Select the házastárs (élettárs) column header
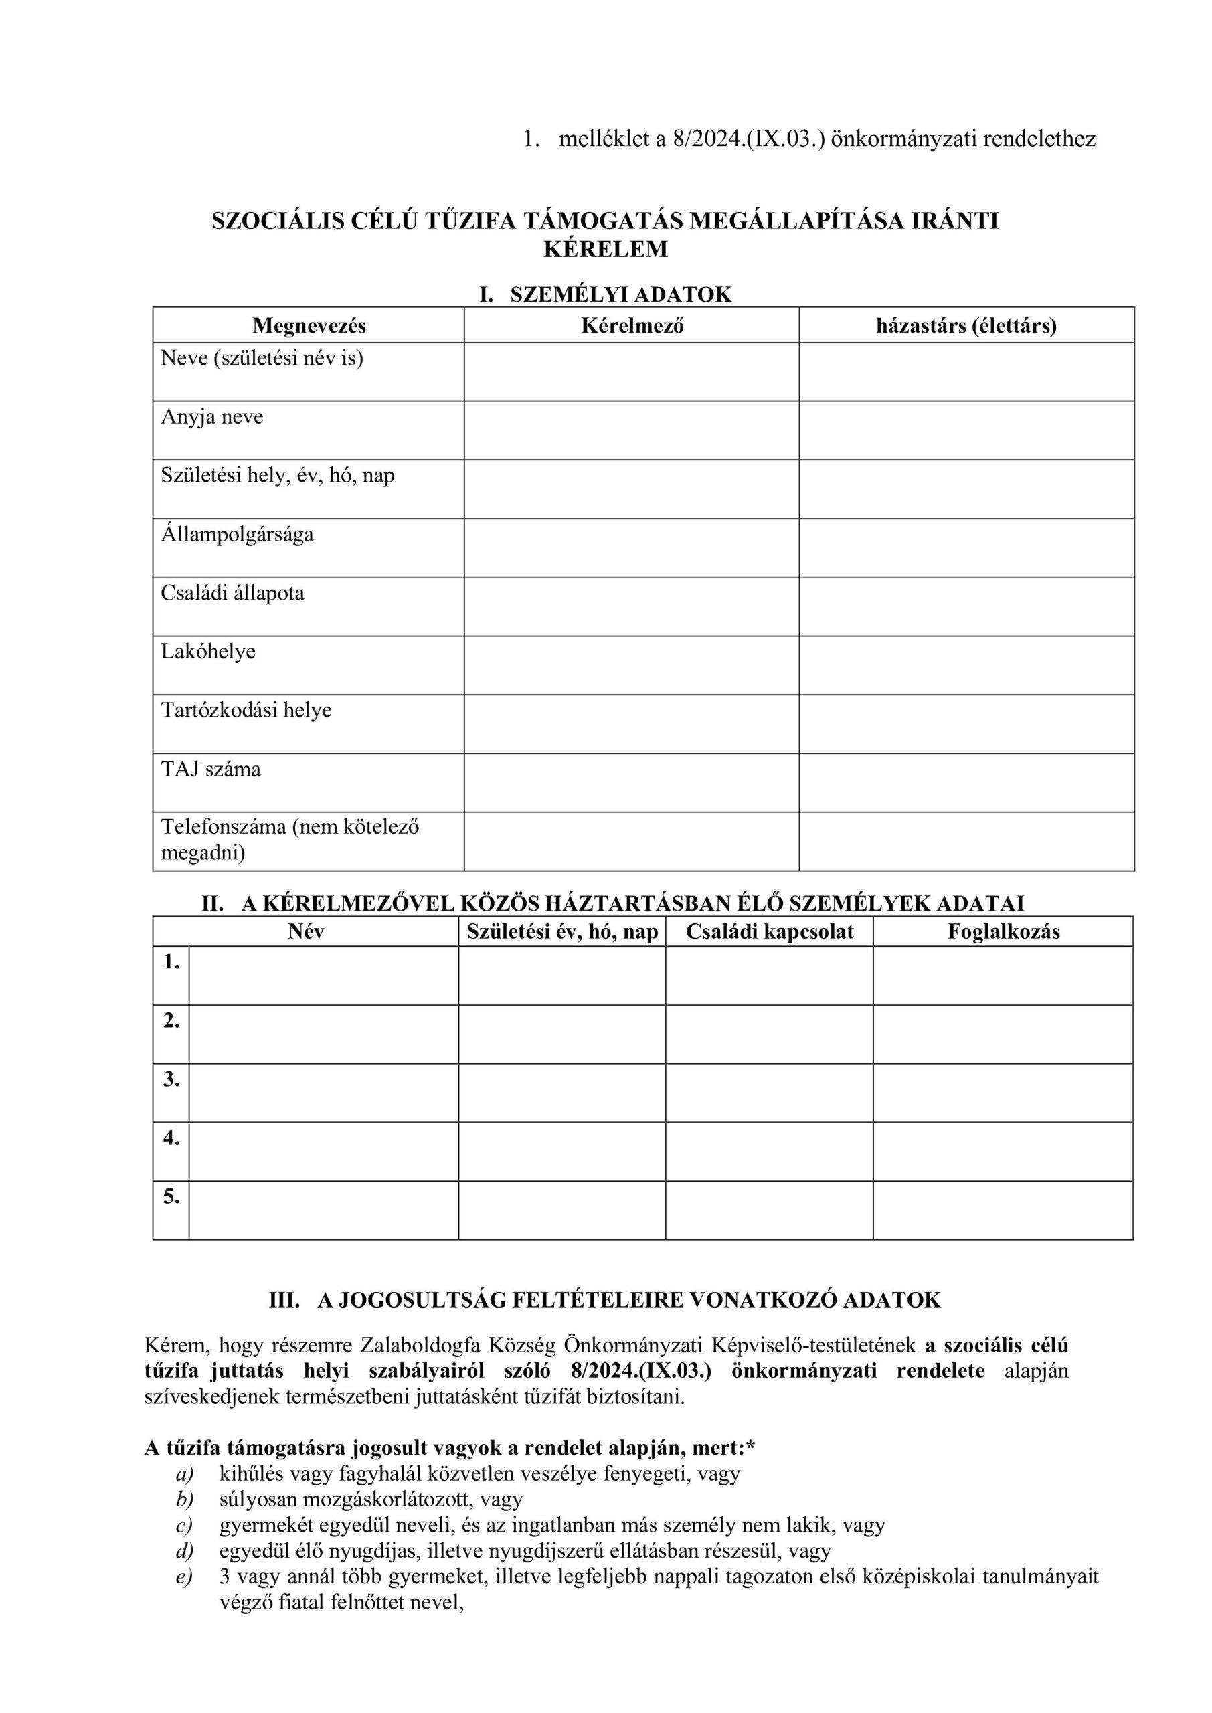pyautogui.click(x=966, y=326)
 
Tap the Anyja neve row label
pyautogui.click(x=213, y=416)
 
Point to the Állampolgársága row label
pyautogui.click(x=238, y=534)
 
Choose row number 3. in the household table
pyautogui.click(x=171, y=1079)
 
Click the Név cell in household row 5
pyautogui.click(x=323, y=1210)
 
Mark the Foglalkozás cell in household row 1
pyautogui.click(x=1003, y=975)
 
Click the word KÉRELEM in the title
pyautogui.click(x=605, y=248)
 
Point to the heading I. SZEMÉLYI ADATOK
pyautogui.click(x=605, y=294)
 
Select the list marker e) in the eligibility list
pyautogui.click(x=183, y=1576)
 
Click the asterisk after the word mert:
pyautogui.click(x=751, y=1447)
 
